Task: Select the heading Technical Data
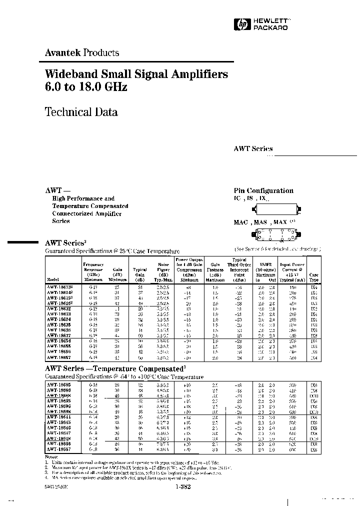tap(81, 111)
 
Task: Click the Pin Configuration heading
tap(263, 190)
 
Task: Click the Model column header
tap(52, 279)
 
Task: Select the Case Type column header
tap(314, 276)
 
